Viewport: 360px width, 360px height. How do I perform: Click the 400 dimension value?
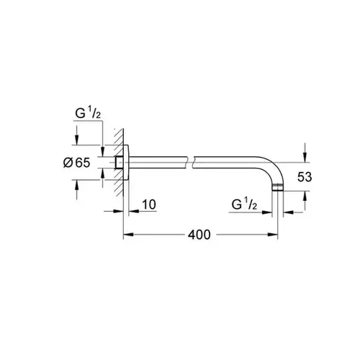199,235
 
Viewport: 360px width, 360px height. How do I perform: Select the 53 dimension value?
305,177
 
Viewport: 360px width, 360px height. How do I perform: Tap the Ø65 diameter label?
77,163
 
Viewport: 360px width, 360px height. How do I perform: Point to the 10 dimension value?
149,204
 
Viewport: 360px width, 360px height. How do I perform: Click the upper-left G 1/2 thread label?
88,113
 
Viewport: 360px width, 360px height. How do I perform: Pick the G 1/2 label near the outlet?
244,204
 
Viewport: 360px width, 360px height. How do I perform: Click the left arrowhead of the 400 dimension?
128,235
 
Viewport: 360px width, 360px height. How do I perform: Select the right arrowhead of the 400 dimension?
273,235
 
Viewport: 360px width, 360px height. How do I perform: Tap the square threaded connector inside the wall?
119,163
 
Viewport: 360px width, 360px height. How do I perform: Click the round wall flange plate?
126,163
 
